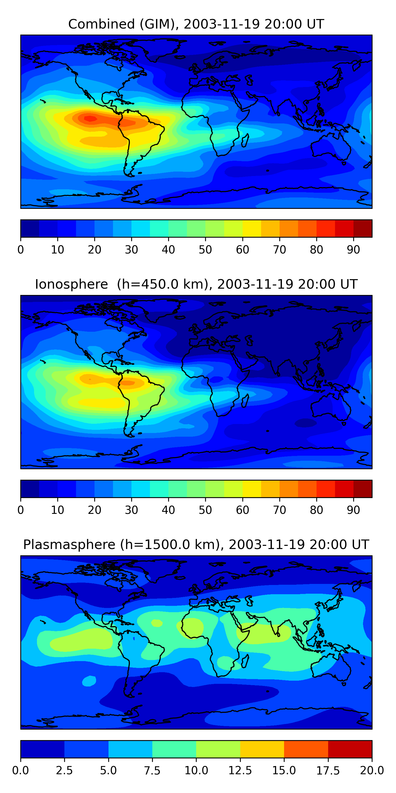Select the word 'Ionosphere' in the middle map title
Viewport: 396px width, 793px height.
[x=71, y=284]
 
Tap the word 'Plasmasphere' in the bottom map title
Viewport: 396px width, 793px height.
[x=69, y=545]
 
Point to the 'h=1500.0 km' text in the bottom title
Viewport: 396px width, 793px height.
[x=170, y=545]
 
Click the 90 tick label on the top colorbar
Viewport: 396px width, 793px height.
[x=353, y=250]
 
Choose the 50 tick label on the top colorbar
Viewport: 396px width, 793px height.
[x=205, y=250]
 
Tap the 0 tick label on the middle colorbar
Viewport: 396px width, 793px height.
[x=21, y=510]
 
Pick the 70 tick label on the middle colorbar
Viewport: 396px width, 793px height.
[x=280, y=510]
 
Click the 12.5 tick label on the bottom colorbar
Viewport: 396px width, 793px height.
[x=240, y=771]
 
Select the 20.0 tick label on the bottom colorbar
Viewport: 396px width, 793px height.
[x=372, y=771]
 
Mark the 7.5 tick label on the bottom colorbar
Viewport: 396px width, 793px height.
[x=152, y=771]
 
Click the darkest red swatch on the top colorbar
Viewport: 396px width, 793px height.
[x=363, y=228]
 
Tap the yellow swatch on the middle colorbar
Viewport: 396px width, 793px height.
[x=252, y=489]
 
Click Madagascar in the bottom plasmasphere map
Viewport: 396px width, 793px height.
[x=245, y=660]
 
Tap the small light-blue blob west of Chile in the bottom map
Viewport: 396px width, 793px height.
[x=89, y=681]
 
